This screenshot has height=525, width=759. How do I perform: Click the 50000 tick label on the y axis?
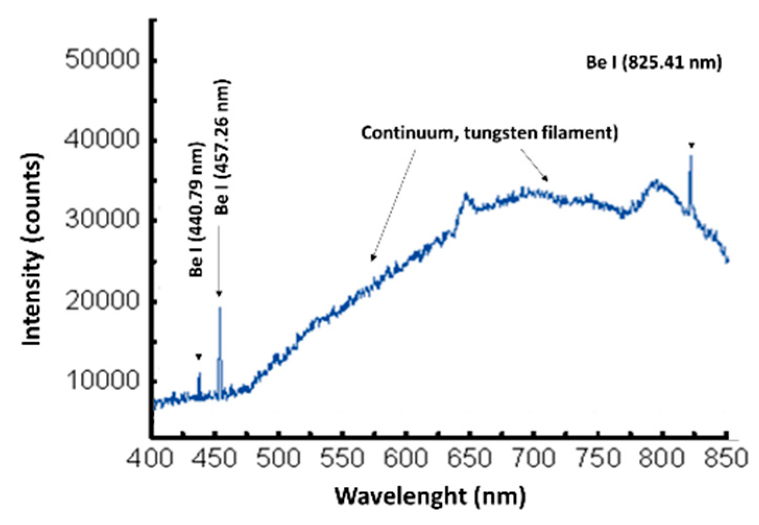pos(103,59)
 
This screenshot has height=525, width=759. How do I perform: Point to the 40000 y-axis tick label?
pos(103,140)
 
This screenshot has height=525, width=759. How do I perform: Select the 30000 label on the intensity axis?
pos(103,220)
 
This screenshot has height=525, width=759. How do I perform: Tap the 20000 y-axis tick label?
pos(103,301)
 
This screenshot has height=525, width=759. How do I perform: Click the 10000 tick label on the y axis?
pos(103,381)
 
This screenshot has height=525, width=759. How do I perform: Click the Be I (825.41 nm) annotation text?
pos(654,63)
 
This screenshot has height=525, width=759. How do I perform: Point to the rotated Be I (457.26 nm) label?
pos(223,147)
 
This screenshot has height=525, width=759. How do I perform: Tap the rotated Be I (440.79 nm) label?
pos(196,209)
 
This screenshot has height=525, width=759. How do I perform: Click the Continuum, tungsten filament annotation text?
pos(490,132)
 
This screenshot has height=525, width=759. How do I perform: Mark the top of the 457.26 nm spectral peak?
pos(220,308)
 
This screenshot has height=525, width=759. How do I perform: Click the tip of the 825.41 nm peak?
pos(691,156)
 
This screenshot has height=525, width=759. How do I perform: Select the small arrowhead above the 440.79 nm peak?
pos(198,357)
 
